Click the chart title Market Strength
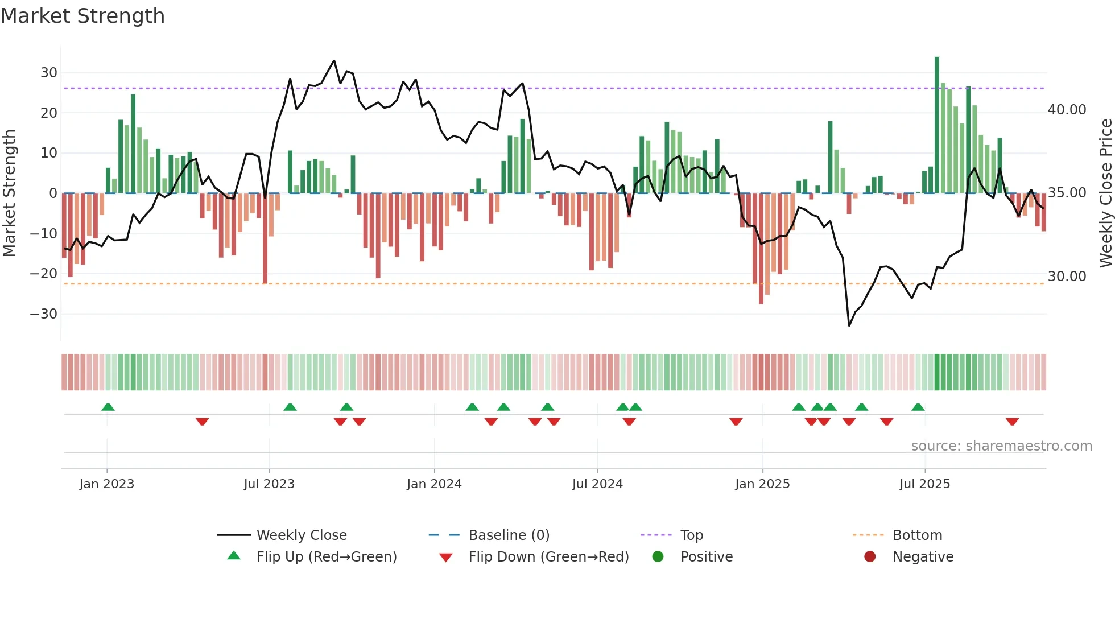pos(82,16)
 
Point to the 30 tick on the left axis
pos(48,73)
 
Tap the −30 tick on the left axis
pos(44,314)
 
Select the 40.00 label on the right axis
pos(1067,110)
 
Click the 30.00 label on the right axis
pos(1067,277)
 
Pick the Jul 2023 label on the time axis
pos(269,484)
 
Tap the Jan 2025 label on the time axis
pos(762,484)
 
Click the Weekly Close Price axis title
pos(1105,193)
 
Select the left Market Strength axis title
pos(9,193)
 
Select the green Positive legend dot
pos(658,557)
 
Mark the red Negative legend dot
pos(870,557)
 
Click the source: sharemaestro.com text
pos(1001,446)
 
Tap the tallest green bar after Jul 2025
pos(937,125)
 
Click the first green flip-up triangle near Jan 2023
pos(108,407)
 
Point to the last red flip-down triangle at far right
pos(1012,422)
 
